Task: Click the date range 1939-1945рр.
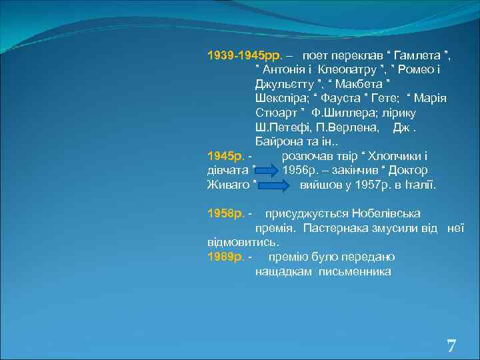(x=245, y=54)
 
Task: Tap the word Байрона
(x=279, y=141)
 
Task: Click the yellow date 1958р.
(x=225, y=214)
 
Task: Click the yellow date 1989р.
(x=225, y=257)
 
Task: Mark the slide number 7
(x=451, y=346)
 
